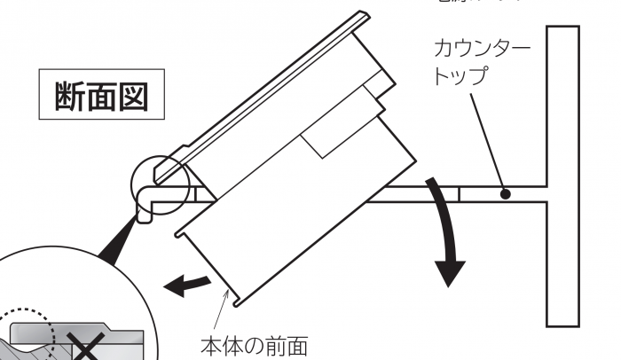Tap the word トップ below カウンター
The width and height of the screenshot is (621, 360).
(x=460, y=75)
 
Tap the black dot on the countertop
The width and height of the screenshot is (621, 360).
(x=506, y=192)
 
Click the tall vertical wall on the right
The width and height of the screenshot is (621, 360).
(x=562, y=176)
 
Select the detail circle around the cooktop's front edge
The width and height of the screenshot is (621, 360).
(x=159, y=183)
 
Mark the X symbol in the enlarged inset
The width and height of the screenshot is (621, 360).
(x=85, y=351)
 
